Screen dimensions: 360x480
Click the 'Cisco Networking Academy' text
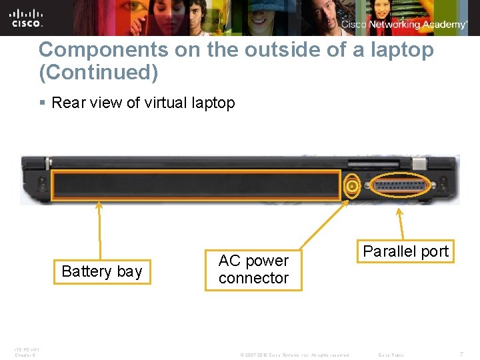pyautogui.click(x=405, y=25)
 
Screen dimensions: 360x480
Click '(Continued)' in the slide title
pyautogui.click(x=98, y=72)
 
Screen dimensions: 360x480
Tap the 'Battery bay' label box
pyautogui.click(x=102, y=271)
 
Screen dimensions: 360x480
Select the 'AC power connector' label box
pyautogui.click(x=253, y=269)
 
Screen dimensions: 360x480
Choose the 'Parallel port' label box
pyautogui.click(x=405, y=251)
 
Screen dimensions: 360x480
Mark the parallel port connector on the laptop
pyautogui.click(x=399, y=185)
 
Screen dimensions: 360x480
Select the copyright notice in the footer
pyautogui.click(x=294, y=355)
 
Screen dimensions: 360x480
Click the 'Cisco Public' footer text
pyautogui.click(x=391, y=355)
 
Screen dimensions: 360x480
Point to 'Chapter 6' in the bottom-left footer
pyautogui.click(x=25, y=355)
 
